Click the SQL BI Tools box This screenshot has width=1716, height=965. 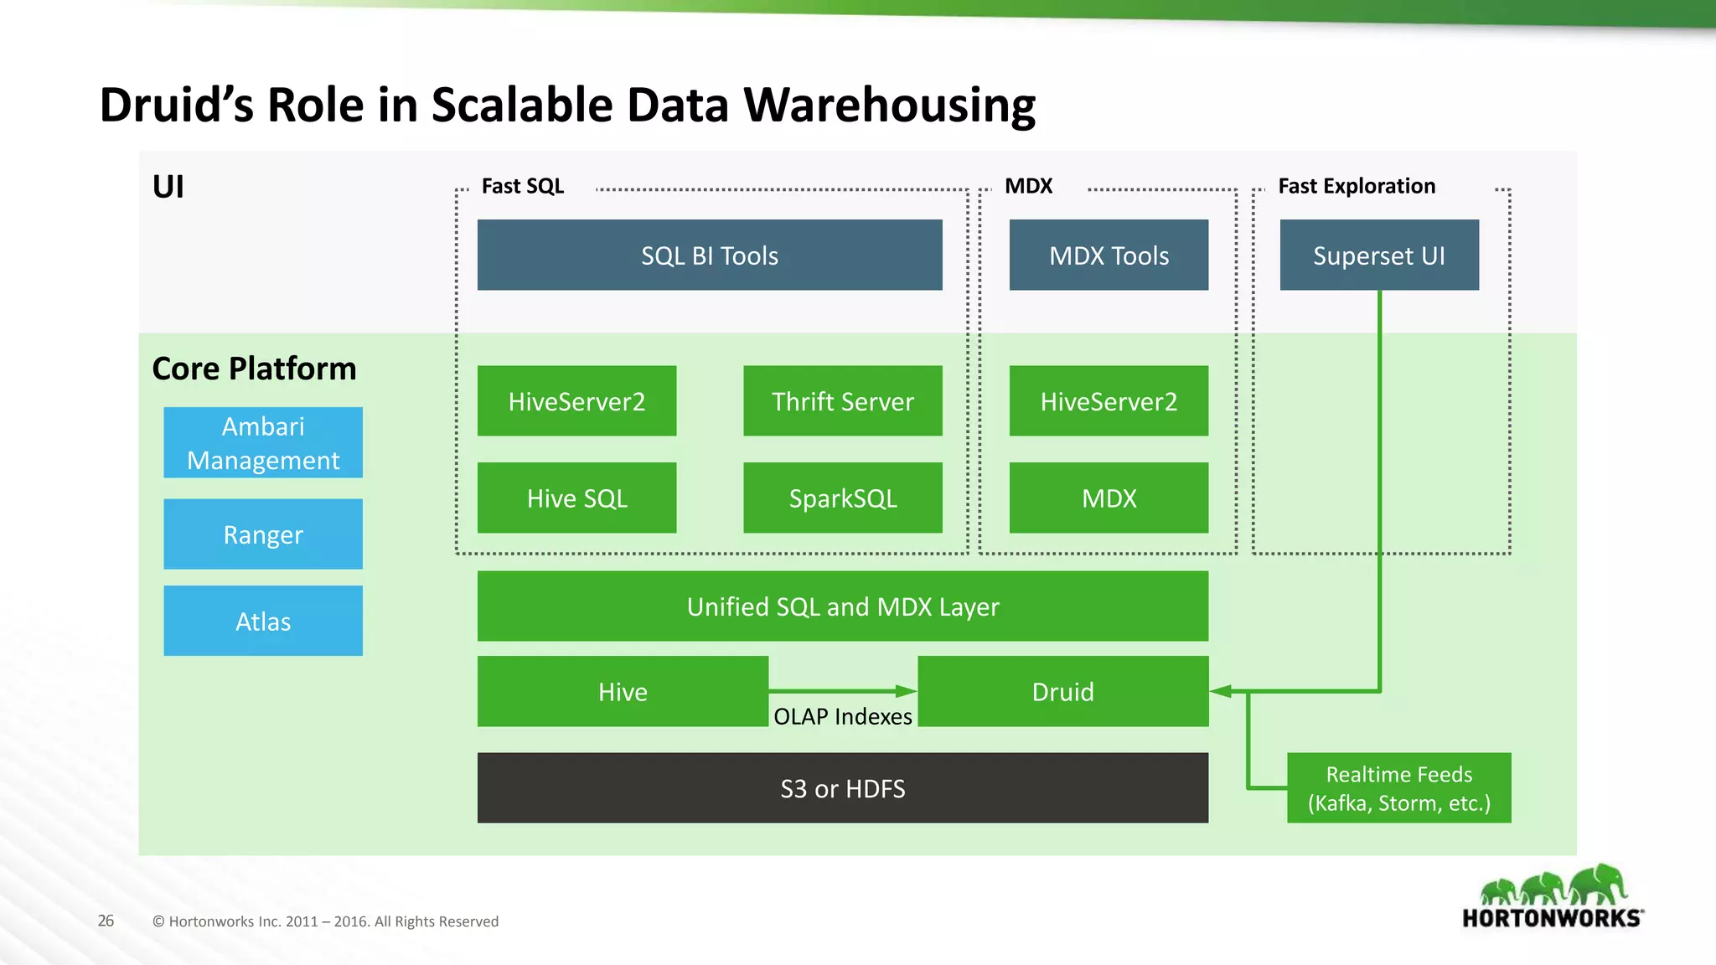click(x=710, y=255)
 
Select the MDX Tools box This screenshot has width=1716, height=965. click(x=1109, y=255)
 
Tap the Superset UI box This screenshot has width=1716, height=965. click(x=1379, y=255)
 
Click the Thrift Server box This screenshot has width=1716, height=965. click(x=842, y=401)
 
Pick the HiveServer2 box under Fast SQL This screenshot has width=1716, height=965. click(x=576, y=401)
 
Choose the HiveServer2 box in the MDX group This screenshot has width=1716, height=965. click(x=1109, y=401)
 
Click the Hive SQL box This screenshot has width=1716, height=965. click(x=576, y=498)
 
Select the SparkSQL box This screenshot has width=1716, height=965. click(x=842, y=498)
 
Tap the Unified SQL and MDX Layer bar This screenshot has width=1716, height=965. click(x=842, y=606)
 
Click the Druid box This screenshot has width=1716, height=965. click(x=1062, y=692)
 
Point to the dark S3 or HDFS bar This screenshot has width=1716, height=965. click(x=842, y=788)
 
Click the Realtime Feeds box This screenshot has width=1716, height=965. click(x=1398, y=788)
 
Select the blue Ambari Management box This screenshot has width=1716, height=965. click(x=263, y=443)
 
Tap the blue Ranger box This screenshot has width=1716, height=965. click(x=263, y=534)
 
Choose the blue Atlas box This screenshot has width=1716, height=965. click(x=263, y=621)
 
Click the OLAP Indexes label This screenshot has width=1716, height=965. click(x=842, y=717)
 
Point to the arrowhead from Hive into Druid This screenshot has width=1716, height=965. click(x=907, y=691)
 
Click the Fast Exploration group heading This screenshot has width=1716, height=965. click(x=1356, y=186)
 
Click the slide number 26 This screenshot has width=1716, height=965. click(x=106, y=921)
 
